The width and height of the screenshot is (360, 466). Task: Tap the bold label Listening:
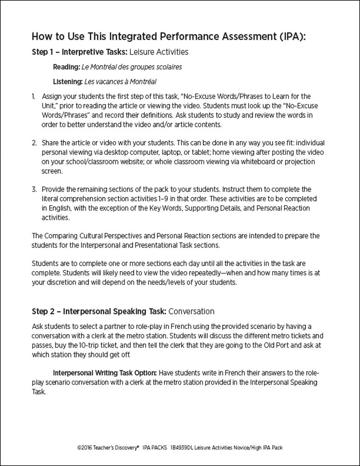coord(68,82)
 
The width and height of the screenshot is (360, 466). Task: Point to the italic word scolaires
coord(168,67)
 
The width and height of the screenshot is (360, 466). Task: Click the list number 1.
coord(34,96)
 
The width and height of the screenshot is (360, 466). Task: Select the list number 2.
coord(34,143)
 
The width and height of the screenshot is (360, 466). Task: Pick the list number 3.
coord(34,190)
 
